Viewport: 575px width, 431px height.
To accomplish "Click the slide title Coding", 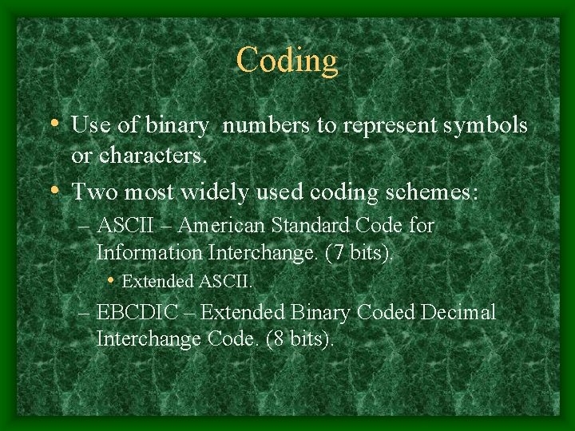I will pyautogui.click(x=287, y=60).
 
